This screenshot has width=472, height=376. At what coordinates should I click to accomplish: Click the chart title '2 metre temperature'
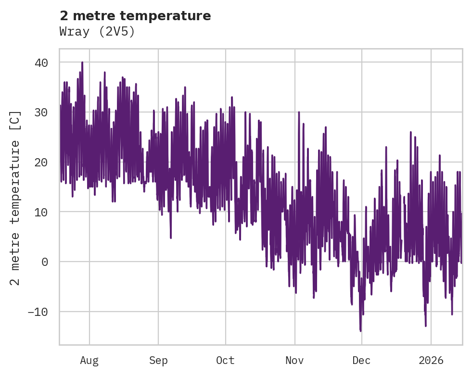135,16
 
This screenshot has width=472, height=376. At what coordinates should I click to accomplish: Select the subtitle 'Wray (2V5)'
97,32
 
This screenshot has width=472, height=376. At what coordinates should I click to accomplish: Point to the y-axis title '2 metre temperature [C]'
15,197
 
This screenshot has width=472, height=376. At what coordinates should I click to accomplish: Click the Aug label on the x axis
89,360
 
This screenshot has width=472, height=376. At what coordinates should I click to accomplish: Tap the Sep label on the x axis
158,360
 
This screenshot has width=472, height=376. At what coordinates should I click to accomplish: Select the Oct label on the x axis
225,360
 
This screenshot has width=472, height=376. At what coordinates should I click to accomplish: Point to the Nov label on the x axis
294,360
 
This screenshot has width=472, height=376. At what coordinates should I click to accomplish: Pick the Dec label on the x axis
362,360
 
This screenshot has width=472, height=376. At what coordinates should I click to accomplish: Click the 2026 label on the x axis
431,360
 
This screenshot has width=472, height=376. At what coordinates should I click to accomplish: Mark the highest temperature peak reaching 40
82,63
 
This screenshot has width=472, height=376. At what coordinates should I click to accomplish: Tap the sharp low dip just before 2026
426,326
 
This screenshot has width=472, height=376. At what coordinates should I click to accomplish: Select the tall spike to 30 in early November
299,113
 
